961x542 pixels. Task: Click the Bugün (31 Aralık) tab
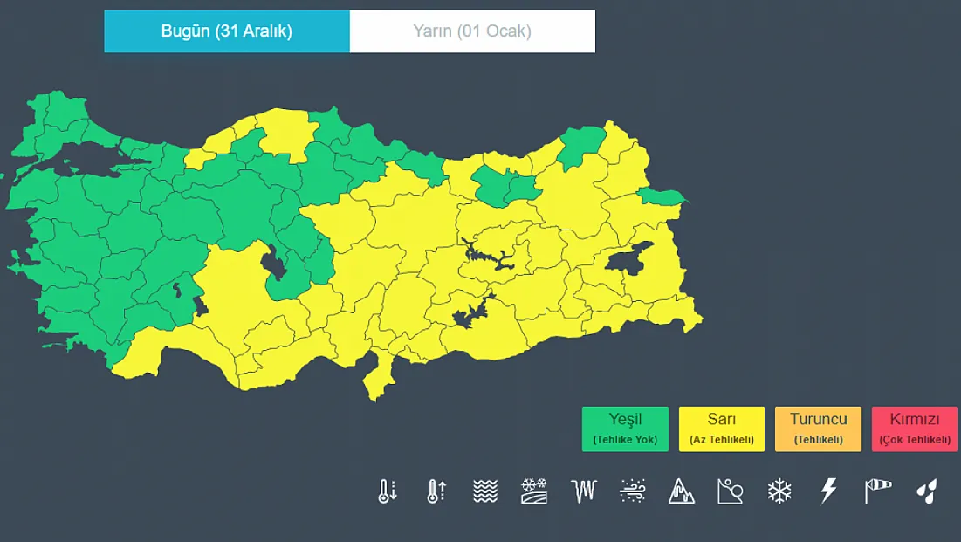point(227,31)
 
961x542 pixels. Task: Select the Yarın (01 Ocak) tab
point(472,31)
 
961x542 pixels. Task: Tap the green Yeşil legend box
point(625,429)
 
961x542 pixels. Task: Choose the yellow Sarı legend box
point(721,429)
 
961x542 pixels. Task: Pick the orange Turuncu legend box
point(818,429)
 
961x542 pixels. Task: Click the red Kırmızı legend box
point(914,429)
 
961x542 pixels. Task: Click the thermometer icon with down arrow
point(387,491)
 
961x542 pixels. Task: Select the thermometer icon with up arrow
point(436,491)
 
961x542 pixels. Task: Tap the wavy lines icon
point(485,491)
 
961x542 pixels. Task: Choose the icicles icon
point(583,491)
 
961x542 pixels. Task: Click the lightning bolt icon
point(828,491)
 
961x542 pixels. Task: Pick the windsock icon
point(877,491)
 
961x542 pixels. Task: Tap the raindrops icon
point(926,491)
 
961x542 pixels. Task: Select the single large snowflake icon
point(779,491)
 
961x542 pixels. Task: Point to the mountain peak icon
point(682,491)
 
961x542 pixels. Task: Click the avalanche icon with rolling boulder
point(730,491)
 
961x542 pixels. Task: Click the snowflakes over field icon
point(533,491)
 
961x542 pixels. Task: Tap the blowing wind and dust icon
point(632,491)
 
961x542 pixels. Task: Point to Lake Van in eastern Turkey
point(629,259)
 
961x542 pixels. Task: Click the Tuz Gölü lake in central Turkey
point(273,263)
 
